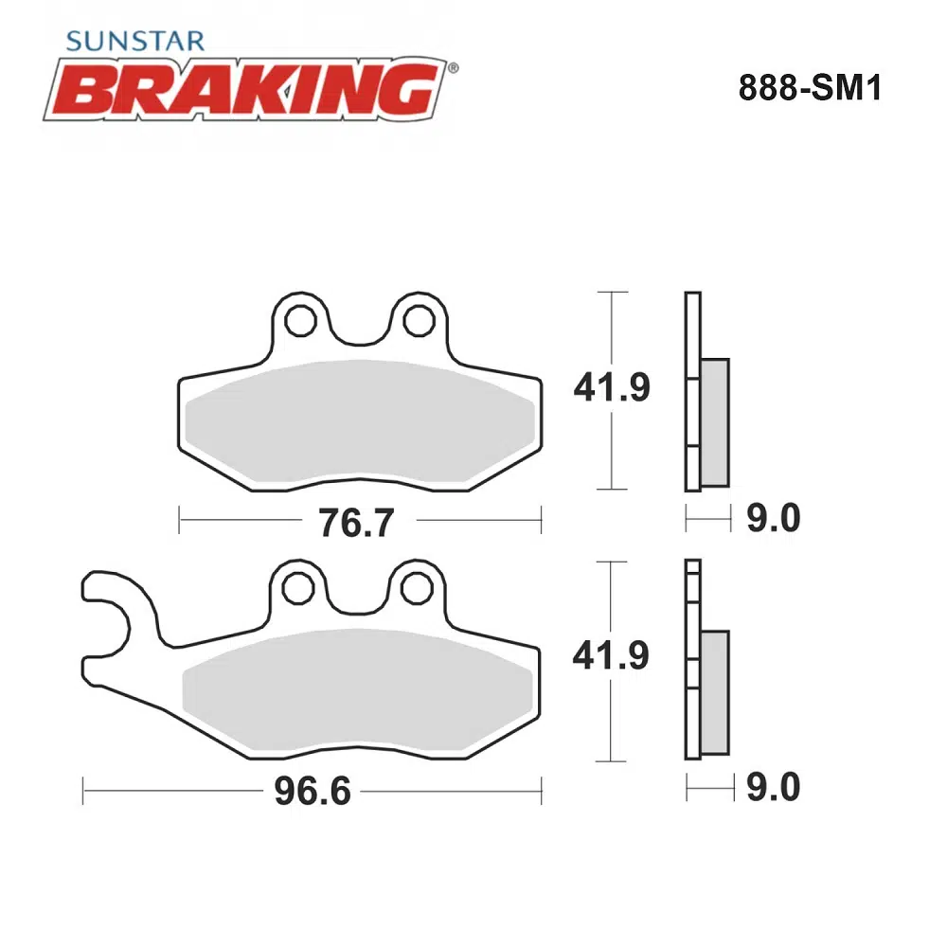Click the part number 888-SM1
click(810, 88)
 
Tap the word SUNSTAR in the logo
click(135, 42)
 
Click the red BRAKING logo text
click(246, 90)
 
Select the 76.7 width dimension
click(356, 523)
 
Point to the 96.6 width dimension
click(313, 791)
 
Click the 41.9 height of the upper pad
click(612, 387)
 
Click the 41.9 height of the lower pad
click(611, 655)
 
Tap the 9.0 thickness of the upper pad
click(773, 518)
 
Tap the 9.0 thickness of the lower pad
click(773, 787)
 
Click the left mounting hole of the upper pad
click(300, 321)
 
